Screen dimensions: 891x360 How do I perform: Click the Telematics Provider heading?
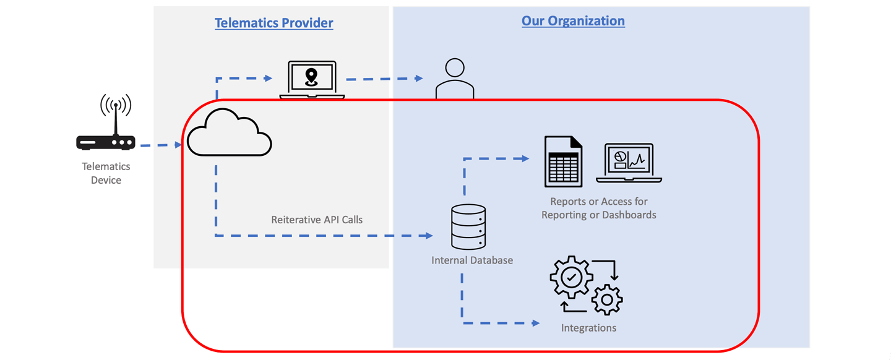click(273, 23)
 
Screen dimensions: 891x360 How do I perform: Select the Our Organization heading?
click(573, 20)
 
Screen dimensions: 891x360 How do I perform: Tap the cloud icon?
click(229, 132)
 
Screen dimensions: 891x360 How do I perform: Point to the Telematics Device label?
click(106, 173)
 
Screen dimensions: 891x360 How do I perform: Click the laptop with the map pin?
click(312, 80)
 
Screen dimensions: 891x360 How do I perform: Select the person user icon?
click(455, 79)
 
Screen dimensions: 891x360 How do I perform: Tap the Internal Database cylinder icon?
click(468, 227)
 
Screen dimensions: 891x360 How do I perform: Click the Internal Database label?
click(472, 260)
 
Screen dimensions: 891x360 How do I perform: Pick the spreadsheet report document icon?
click(563, 161)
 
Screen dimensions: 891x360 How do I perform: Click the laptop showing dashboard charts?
click(629, 163)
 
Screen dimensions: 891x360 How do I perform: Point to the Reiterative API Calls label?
click(317, 220)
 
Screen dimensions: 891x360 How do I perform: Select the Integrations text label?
click(588, 328)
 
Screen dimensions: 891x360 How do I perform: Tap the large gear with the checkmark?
click(572, 277)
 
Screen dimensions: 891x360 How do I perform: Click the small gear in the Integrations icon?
click(607, 299)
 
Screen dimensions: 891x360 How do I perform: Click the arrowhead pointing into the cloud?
click(178, 145)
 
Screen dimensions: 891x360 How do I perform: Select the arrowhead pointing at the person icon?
click(419, 79)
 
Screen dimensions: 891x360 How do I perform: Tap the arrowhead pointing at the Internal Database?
click(429, 236)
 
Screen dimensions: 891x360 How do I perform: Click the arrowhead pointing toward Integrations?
click(536, 323)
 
